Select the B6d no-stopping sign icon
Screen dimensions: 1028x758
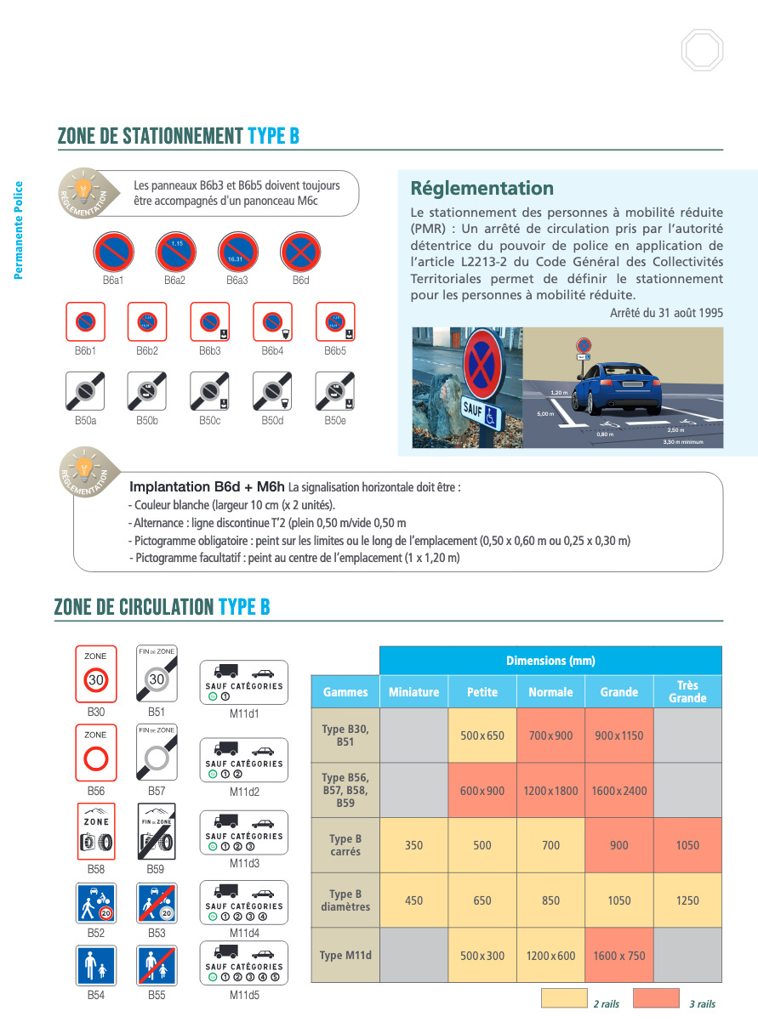pos(301,253)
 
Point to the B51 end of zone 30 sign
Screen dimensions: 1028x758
pos(157,674)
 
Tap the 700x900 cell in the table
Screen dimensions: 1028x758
pos(550,736)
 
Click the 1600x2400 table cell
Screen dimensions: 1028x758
pos(619,791)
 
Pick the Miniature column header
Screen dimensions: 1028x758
pos(413,692)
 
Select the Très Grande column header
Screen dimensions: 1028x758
pos(687,691)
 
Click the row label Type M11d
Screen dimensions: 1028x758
pos(345,956)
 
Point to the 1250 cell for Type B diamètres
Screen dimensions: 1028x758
pos(687,900)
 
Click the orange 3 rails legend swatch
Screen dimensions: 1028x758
pos(656,998)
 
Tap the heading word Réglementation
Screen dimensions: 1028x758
pos(482,188)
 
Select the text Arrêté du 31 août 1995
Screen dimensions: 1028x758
pos(666,313)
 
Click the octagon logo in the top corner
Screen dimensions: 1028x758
pos(702,50)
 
